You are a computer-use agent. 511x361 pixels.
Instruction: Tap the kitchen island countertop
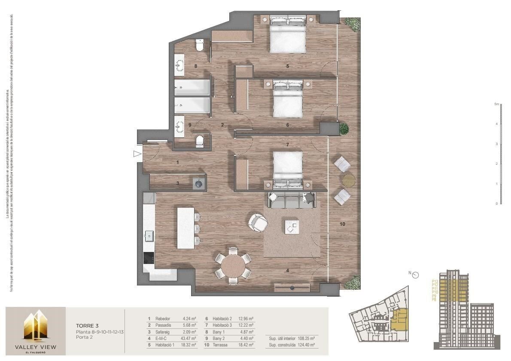click(186, 228)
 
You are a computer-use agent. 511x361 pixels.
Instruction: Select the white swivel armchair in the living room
click(258, 222)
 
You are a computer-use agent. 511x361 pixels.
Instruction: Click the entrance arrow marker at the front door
click(137, 154)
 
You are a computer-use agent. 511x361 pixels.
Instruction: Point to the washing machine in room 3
click(199, 183)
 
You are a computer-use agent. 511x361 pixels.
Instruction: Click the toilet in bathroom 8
click(199, 45)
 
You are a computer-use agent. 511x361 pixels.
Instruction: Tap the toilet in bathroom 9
click(200, 142)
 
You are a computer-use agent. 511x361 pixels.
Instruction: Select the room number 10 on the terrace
click(342, 224)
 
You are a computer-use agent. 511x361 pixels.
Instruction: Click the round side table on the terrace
click(348, 180)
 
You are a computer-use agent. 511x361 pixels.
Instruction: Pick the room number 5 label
click(287, 66)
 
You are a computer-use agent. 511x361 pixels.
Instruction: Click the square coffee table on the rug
click(292, 226)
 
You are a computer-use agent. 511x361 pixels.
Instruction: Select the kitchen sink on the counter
click(149, 236)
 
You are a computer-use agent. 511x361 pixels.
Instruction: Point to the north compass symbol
click(415, 275)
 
